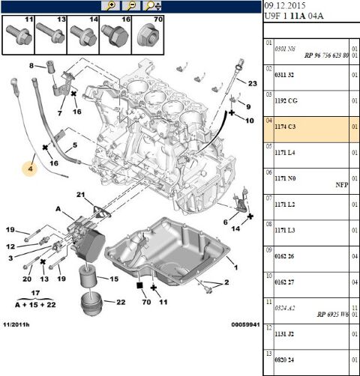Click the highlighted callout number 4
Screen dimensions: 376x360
point(31,169)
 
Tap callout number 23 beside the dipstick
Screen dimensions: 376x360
point(251,83)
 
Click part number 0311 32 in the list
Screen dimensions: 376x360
point(285,76)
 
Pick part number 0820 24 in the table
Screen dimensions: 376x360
point(285,359)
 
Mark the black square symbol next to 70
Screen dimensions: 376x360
point(139,285)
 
